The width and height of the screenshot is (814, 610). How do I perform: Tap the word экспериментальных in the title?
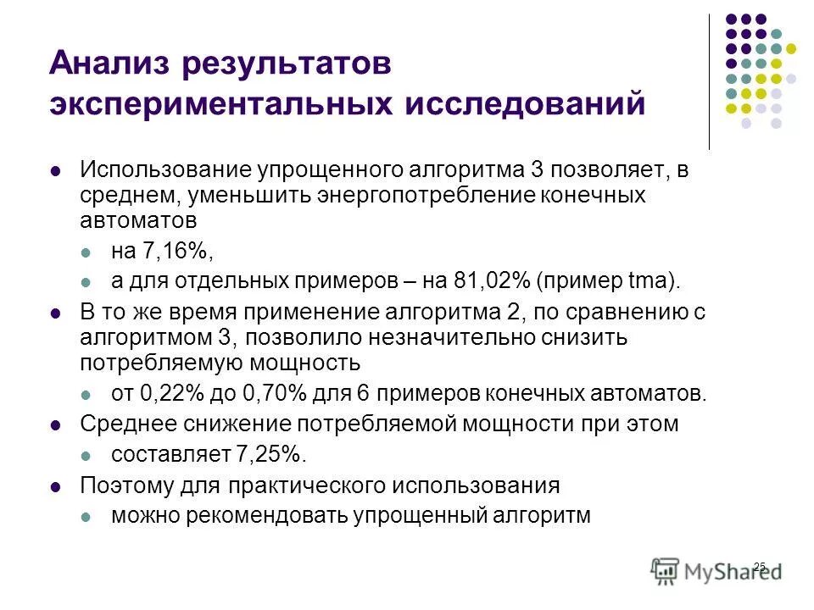[220, 105]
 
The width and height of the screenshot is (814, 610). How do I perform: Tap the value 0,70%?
[269, 393]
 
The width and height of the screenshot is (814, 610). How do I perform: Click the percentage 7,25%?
[269, 454]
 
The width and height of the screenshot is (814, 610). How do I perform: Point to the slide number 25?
[759, 566]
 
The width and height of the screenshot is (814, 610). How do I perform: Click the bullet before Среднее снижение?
[57, 424]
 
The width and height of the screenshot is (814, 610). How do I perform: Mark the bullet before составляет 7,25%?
[87, 455]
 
